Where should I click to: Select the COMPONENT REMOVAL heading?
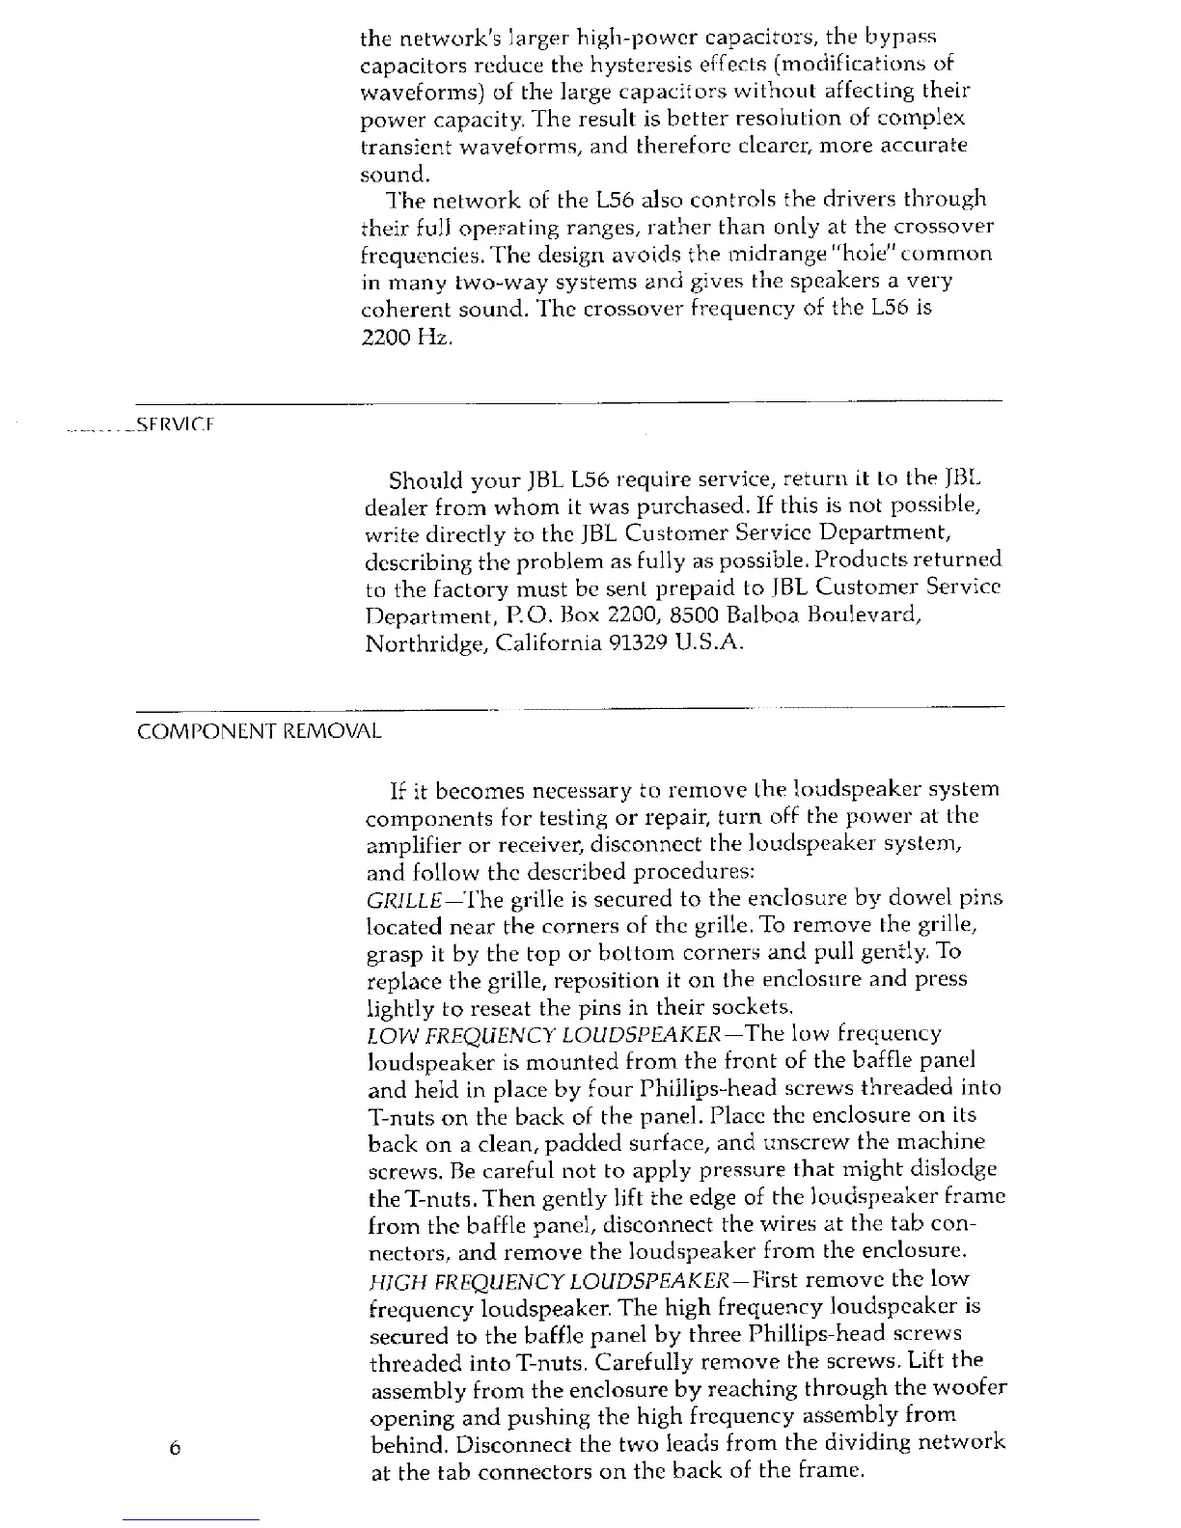(260, 730)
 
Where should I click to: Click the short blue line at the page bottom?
(190, 1519)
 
